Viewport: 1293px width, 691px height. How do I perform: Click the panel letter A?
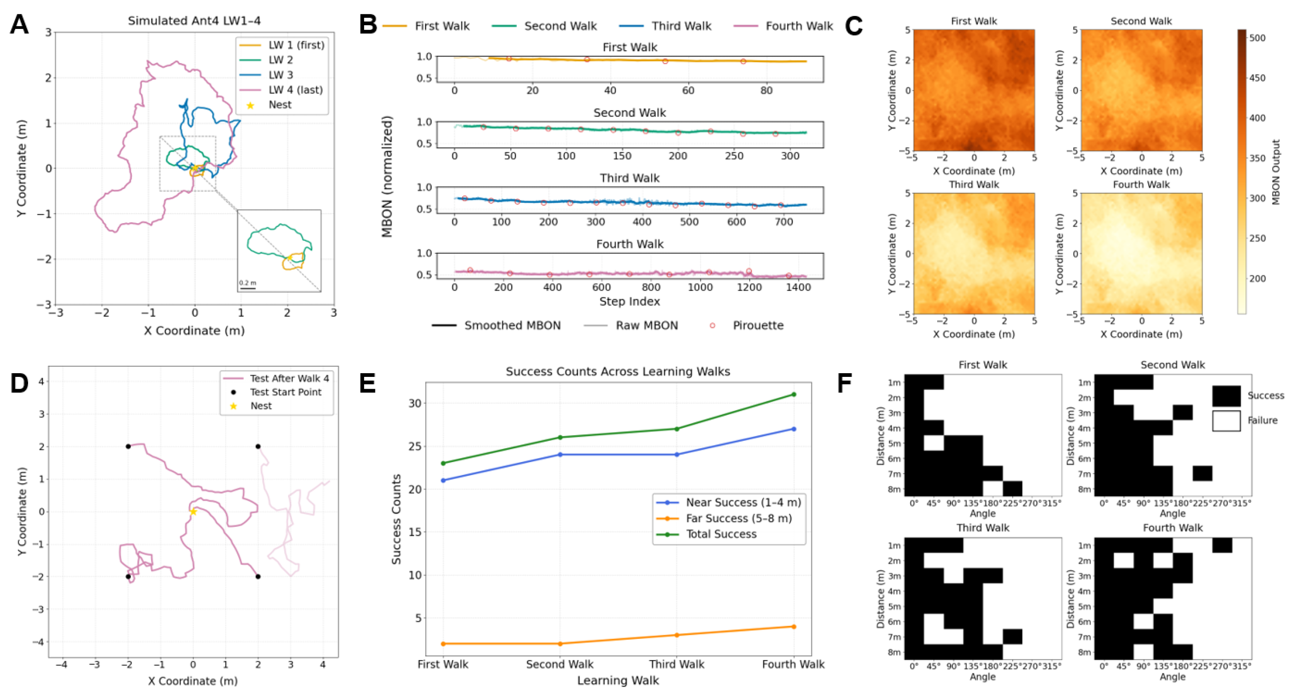tap(19, 24)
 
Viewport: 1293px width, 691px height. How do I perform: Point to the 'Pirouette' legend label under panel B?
tap(758, 325)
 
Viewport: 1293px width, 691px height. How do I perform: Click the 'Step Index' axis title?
tap(629, 301)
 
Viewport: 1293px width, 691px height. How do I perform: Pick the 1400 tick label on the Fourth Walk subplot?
tap(798, 287)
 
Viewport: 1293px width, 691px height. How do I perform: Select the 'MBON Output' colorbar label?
tap(1275, 172)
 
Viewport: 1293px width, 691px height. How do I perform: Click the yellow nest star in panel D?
tap(193, 511)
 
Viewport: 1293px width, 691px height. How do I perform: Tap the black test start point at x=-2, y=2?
tap(128, 446)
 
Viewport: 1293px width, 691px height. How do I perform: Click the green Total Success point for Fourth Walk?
tap(794, 394)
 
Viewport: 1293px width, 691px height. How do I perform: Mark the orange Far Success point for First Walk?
tap(443, 643)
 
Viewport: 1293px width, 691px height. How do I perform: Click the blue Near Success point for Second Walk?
tap(560, 455)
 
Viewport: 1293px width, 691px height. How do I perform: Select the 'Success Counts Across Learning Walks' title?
tap(618, 371)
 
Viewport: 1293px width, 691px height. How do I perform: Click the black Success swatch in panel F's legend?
tap(1226, 396)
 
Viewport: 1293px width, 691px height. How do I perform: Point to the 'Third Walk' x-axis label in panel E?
tap(677, 664)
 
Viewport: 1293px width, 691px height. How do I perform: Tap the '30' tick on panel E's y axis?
tap(414, 403)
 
